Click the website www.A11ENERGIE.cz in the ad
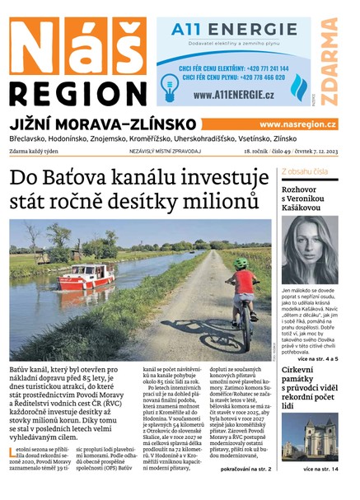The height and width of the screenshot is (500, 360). point(234,94)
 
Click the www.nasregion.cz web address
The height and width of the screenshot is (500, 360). point(298,124)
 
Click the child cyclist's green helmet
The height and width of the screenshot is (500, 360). point(240,264)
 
